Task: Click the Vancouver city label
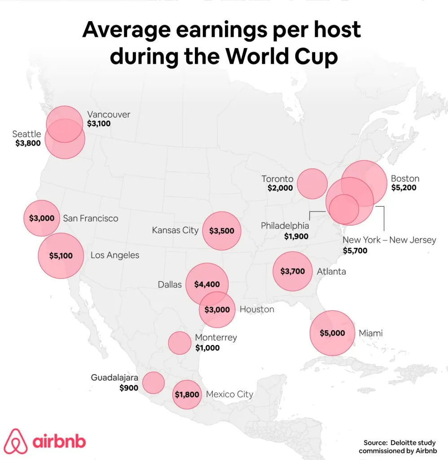pos(109,115)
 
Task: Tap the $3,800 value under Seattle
pos(28,143)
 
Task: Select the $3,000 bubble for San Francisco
pos(41,218)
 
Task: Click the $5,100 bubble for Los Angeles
pos(61,256)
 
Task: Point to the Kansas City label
pos(175,230)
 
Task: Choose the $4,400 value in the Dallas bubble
pos(207,284)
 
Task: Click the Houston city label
pos(257,310)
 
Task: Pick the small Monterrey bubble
pos(180,343)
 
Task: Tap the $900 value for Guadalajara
pos(129,388)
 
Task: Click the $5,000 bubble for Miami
pos(332,333)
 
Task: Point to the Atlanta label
pos(331,271)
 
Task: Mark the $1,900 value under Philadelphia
pos(296,236)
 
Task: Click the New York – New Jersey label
pos(389,240)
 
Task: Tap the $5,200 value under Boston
pos(404,188)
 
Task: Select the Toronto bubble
pos(312,184)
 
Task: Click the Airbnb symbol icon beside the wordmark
pos(16,441)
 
